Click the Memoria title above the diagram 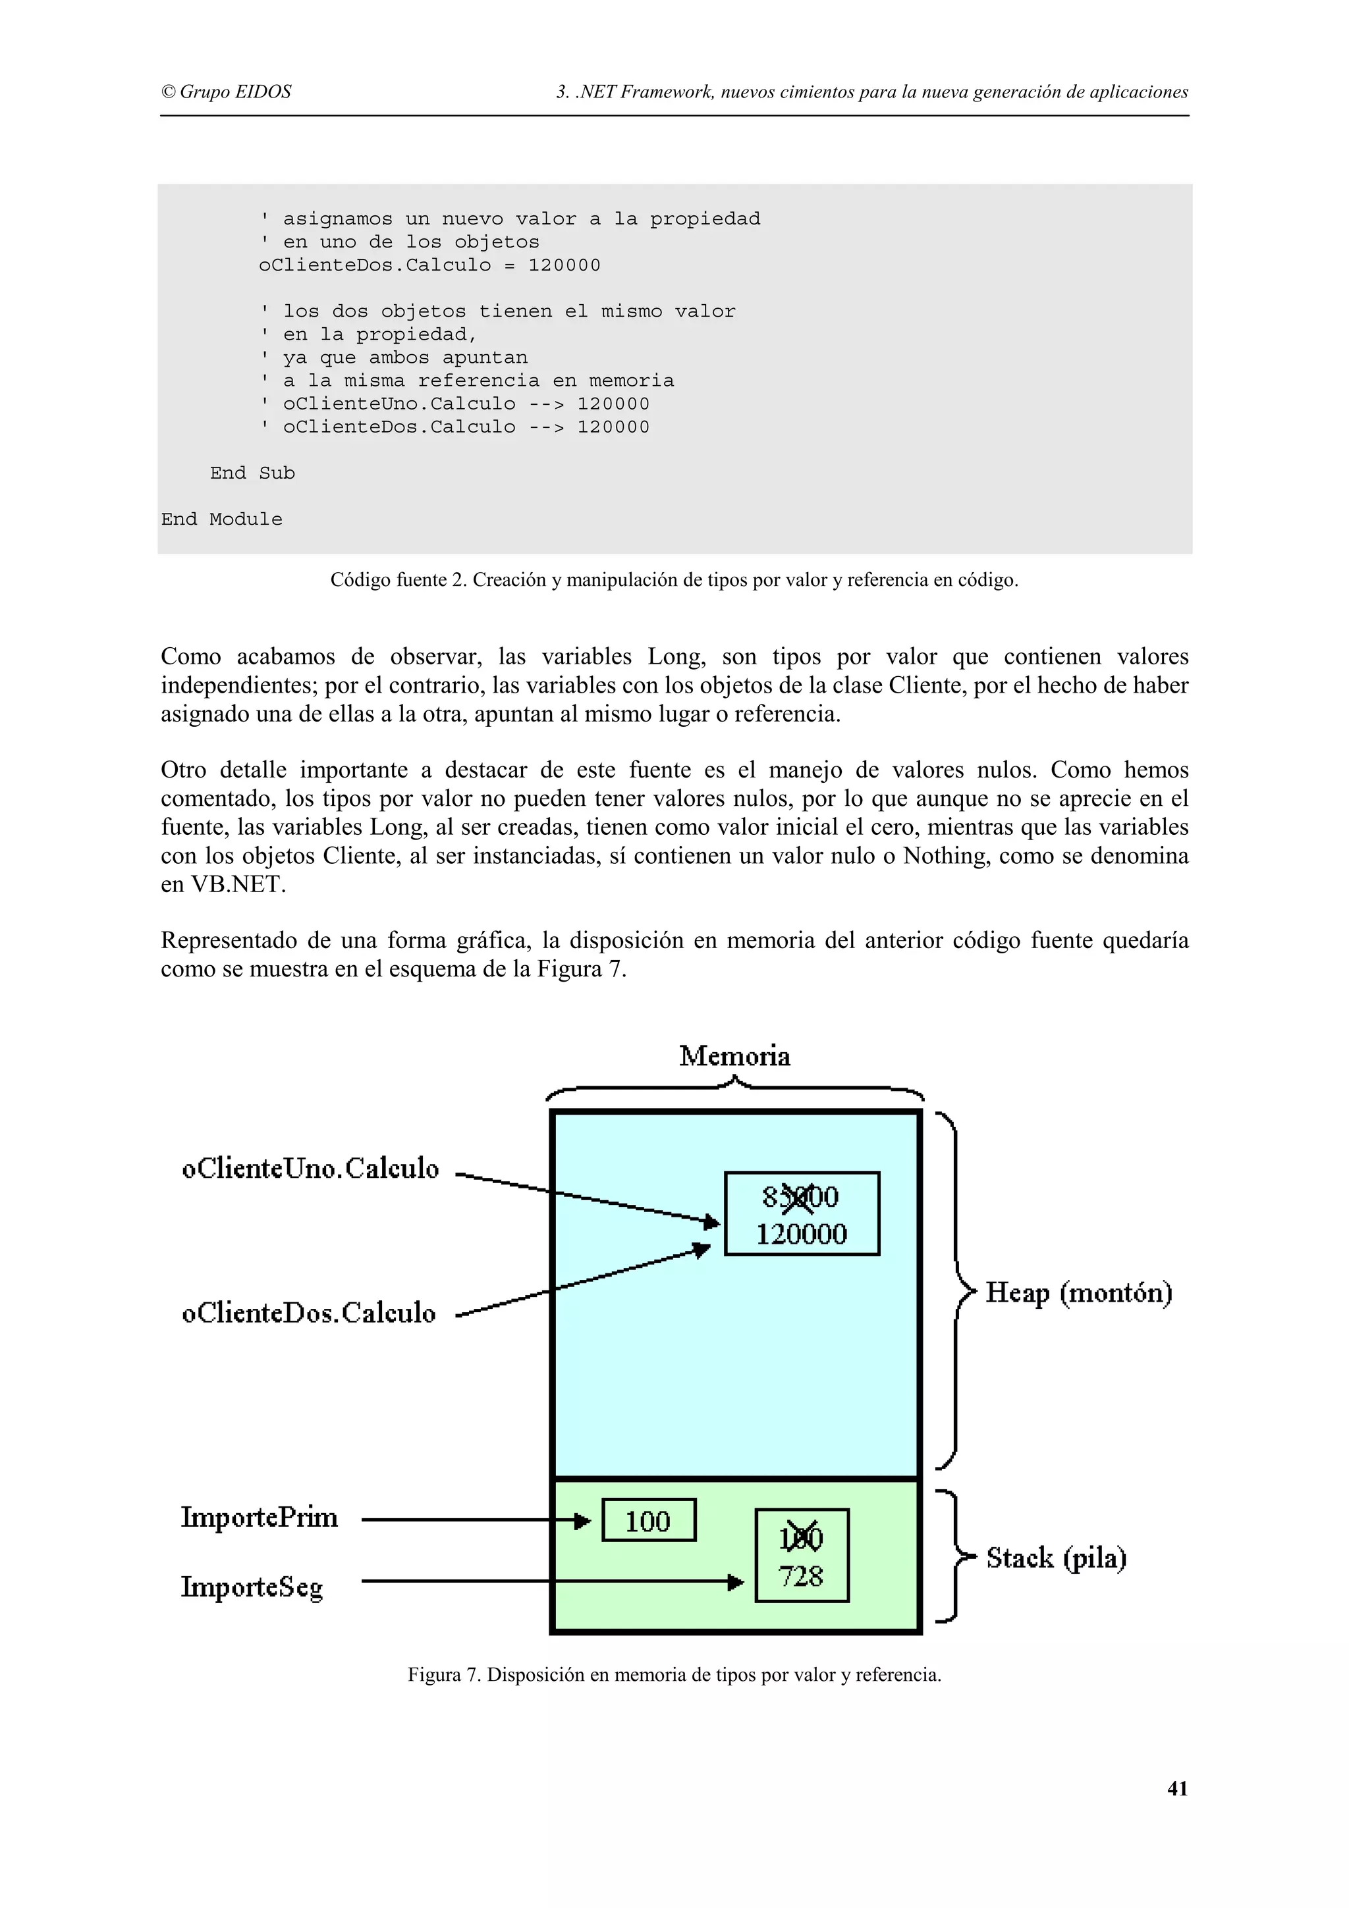(734, 1056)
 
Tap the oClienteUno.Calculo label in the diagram (310, 1169)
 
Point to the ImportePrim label (260, 1518)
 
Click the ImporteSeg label (252, 1587)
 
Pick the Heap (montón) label (1078, 1293)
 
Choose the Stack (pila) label (1056, 1558)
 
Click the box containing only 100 (648, 1521)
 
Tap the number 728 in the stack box (801, 1576)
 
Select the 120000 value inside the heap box (801, 1234)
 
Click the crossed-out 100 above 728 (801, 1539)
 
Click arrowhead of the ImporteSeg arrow (736, 1582)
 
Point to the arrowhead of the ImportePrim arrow (583, 1521)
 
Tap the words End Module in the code (222, 519)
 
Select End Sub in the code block (252, 473)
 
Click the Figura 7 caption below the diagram (674, 1674)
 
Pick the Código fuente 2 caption (674, 580)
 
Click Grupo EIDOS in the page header (226, 92)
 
